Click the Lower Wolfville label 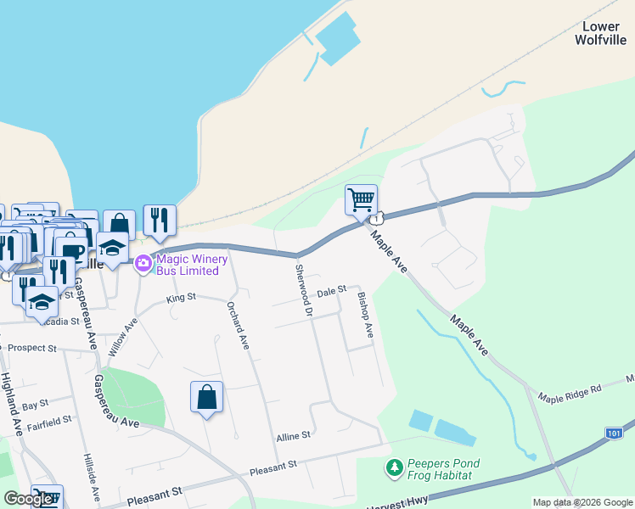pyautogui.click(x=602, y=33)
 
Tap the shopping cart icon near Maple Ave pyautogui.click(x=361, y=200)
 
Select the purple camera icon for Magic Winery pyautogui.click(x=143, y=264)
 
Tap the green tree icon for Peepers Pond pyautogui.click(x=394, y=467)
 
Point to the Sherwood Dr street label pyautogui.click(x=303, y=291)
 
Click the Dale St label pyautogui.click(x=331, y=291)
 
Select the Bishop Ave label pyautogui.click(x=366, y=315)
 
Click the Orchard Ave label pyautogui.click(x=237, y=325)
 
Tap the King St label pyautogui.click(x=181, y=298)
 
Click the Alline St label pyautogui.click(x=294, y=436)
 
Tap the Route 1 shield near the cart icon pyautogui.click(x=373, y=219)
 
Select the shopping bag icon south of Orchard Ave pyautogui.click(x=206, y=397)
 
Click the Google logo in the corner pyautogui.click(x=29, y=499)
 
